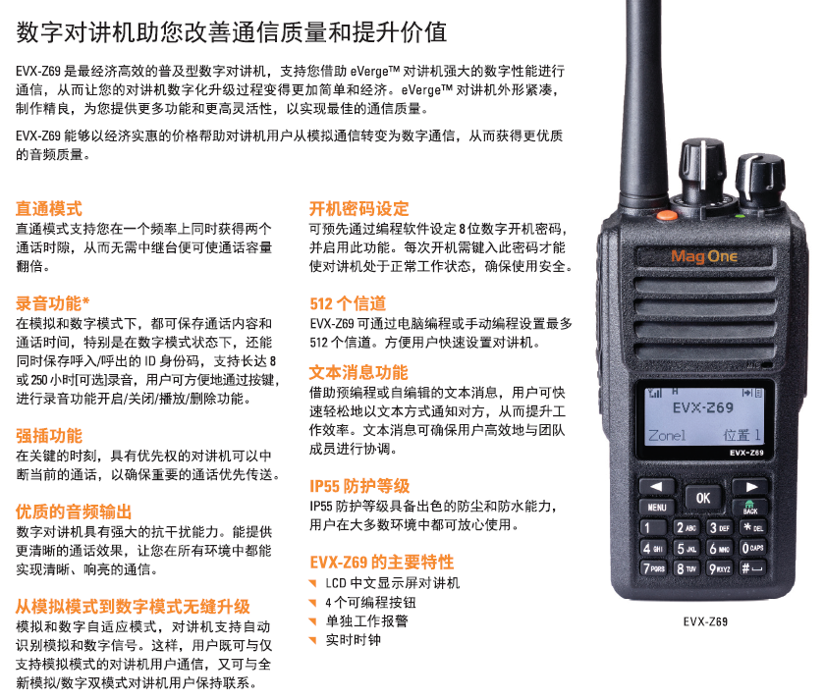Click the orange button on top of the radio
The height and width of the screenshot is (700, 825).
click(x=667, y=215)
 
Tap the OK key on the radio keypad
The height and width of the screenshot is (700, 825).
click(x=703, y=498)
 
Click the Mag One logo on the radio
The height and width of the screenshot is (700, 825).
click(x=704, y=256)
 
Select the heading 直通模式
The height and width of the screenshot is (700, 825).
click(x=49, y=208)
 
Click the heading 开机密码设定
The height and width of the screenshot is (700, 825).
click(x=358, y=208)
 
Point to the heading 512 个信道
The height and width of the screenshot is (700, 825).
click(x=348, y=303)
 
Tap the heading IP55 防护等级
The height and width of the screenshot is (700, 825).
click(x=359, y=486)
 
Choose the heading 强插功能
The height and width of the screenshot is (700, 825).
click(x=49, y=436)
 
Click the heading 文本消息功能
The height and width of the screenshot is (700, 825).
click(x=358, y=372)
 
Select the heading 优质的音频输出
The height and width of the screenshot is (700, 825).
click(x=74, y=512)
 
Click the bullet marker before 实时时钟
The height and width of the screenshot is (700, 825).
click(x=313, y=640)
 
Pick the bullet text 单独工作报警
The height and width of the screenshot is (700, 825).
click(x=366, y=621)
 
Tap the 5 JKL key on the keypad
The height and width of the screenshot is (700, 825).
click(x=687, y=549)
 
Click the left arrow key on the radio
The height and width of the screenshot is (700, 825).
click(x=657, y=487)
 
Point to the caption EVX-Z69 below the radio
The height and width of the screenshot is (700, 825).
click(x=705, y=621)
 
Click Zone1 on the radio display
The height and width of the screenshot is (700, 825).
click(x=667, y=436)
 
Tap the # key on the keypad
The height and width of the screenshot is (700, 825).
click(x=752, y=568)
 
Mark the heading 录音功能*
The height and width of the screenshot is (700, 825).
click(x=53, y=303)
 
